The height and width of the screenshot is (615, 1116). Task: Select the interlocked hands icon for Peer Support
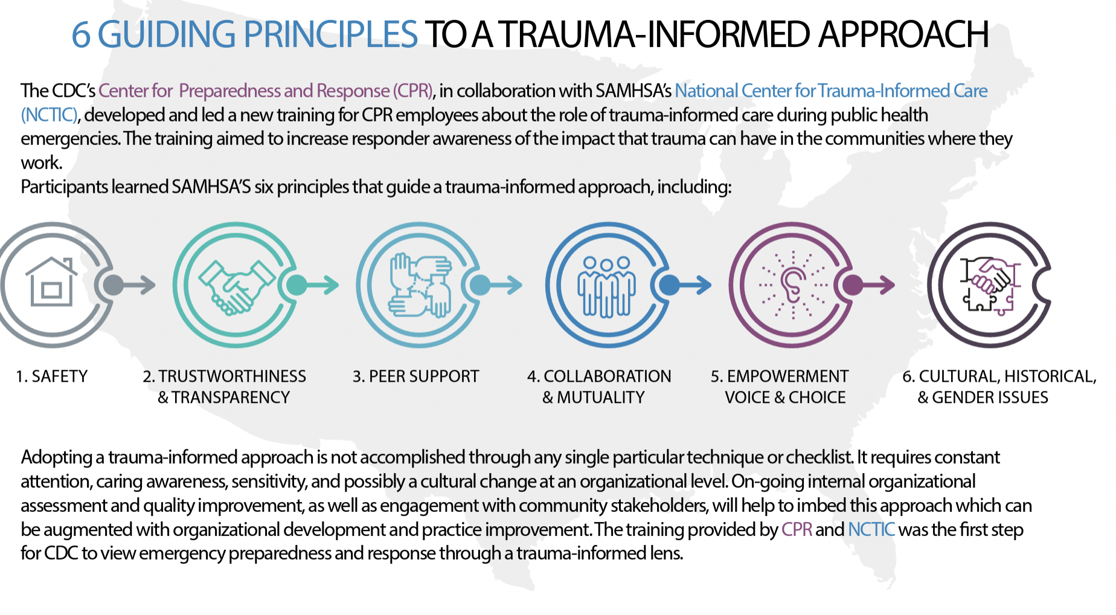420,285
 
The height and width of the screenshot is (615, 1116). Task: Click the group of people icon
606,286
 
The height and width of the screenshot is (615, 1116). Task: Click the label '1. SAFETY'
52,376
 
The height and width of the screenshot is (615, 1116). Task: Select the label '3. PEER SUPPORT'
415,376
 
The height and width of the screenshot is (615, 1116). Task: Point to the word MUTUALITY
600,398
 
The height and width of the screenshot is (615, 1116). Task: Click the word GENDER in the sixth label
961,398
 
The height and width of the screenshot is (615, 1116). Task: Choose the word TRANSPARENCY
231,398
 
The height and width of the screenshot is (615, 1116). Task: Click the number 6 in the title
81,34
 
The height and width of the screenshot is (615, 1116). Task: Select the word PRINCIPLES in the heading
330,34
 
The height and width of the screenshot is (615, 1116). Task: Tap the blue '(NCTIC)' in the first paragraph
50,115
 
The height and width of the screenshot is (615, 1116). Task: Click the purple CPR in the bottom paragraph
797,530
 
